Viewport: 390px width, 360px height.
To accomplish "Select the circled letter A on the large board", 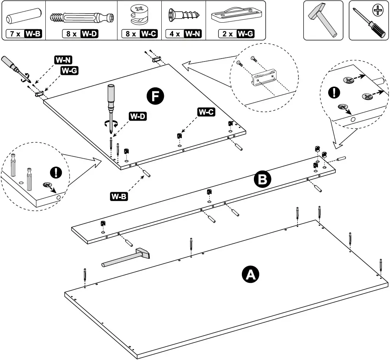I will pos(250,274).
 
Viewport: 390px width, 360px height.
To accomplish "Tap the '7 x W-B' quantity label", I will pos(25,34).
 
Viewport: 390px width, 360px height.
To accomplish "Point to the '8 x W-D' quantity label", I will pos(81,34).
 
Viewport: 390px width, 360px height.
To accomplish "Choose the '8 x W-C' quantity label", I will pos(139,34).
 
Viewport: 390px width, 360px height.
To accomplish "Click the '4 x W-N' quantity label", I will pos(185,34).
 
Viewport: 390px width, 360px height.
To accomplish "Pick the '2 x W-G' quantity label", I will pos(236,34).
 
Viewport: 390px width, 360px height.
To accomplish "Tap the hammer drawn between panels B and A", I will pos(126,258).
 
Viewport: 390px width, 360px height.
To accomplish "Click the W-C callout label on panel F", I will pos(206,112).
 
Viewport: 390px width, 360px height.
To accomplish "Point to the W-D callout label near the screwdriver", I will pos(138,117).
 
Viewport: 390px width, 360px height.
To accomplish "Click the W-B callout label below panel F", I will pos(119,196).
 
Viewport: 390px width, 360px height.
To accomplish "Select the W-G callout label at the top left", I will pos(69,71).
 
